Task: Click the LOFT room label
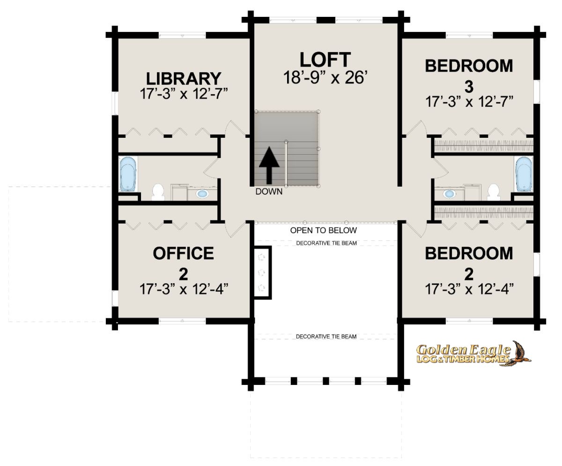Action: (325, 60)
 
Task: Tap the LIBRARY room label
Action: (184, 78)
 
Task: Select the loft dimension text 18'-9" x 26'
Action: (325, 77)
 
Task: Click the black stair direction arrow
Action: (269, 165)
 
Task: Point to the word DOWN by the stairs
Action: (269, 192)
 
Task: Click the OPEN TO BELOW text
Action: (324, 231)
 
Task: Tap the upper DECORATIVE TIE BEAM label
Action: (326, 243)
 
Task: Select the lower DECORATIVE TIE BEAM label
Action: (326, 336)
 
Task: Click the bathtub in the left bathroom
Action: (128, 174)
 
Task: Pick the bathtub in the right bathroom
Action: (524, 174)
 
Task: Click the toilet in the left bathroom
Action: (158, 192)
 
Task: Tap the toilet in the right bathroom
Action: (494, 192)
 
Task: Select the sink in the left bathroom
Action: (202, 194)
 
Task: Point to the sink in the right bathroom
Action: (449, 194)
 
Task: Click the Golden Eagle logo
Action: (473, 353)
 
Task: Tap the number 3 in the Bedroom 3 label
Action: (469, 87)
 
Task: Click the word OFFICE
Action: (183, 253)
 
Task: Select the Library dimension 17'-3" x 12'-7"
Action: (184, 93)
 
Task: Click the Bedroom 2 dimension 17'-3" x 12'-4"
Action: (469, 289)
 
